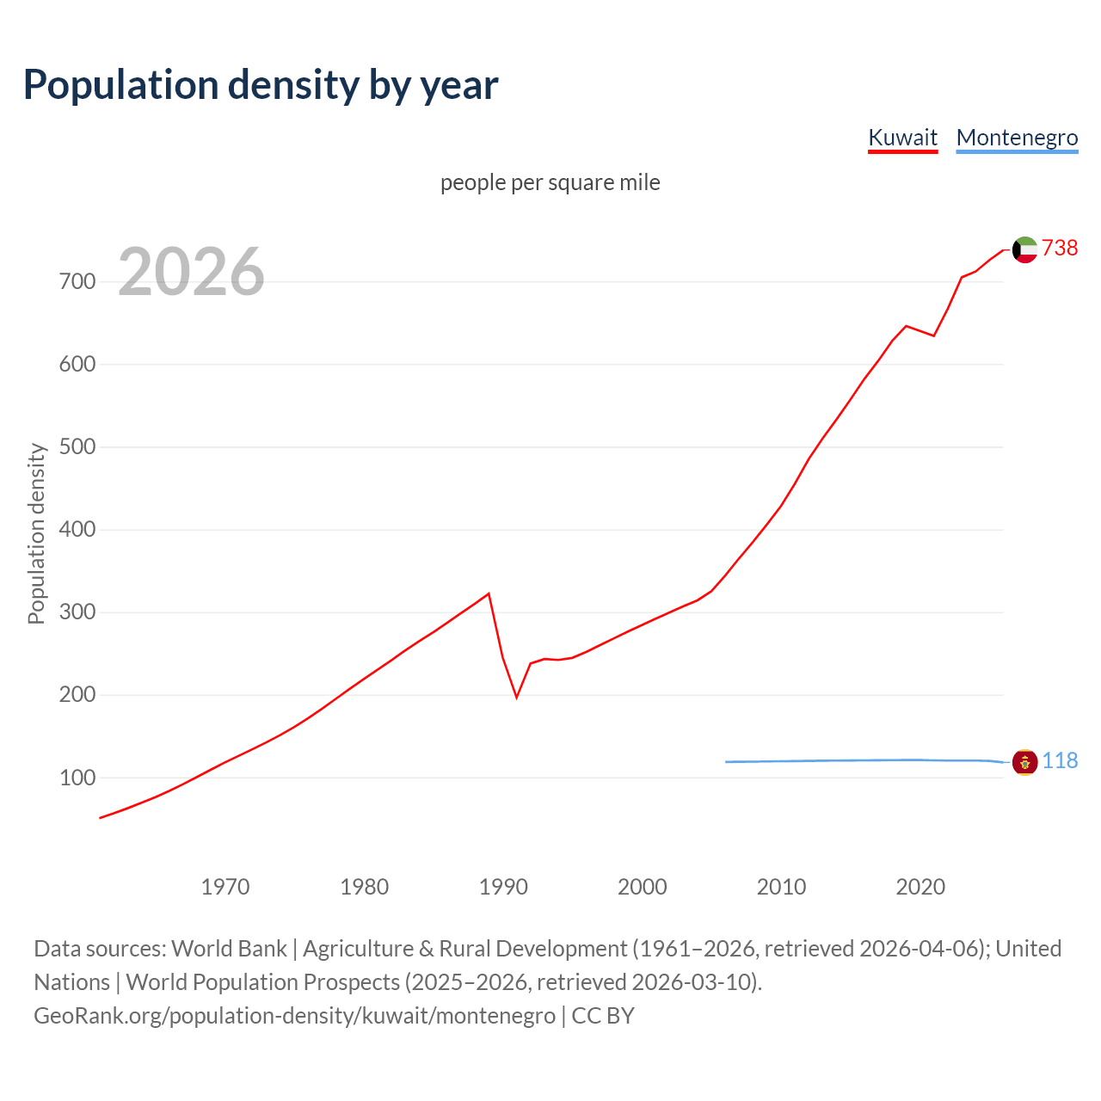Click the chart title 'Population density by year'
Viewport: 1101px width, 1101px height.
[261, 85]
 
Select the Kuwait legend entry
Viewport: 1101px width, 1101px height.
[902, 138]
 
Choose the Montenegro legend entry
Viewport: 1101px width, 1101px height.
[1017, 138]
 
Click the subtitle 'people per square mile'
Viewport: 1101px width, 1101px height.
[550, 182]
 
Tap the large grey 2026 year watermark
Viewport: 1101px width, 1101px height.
[191, 272]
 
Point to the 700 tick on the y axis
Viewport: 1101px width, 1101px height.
[77, 282]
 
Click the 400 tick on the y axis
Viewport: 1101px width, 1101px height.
[77, 530]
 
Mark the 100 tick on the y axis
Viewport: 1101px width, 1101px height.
[77, 778]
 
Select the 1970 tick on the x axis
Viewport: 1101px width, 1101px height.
[225, 887]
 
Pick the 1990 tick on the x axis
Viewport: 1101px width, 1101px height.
[503, 887]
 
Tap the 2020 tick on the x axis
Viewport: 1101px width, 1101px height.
[920, 887]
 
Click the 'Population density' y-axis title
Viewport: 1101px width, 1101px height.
[36, 533]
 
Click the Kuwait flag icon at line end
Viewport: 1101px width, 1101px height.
[1024, 249]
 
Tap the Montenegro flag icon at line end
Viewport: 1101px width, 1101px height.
[1024, 762]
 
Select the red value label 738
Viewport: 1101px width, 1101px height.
[1060, 249]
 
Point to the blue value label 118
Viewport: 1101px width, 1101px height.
[1060, 761]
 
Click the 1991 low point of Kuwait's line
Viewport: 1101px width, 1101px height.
[517, 697]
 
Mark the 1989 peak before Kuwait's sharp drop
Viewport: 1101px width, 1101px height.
[489, 594]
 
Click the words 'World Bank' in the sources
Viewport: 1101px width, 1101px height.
[229, 949]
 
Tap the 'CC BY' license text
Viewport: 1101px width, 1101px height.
[603, 1016]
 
